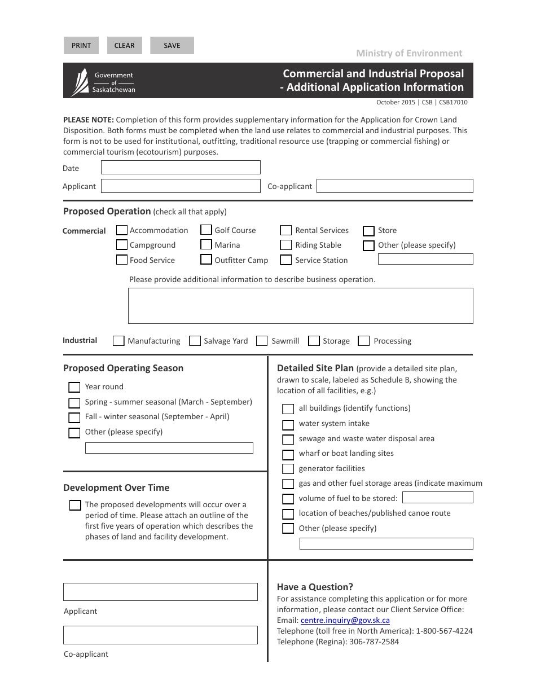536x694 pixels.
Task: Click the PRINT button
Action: (81, 46)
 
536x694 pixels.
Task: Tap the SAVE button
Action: (172, 46)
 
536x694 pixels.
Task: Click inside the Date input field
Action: (181, 168)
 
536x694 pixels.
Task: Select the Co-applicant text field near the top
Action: (394, 186)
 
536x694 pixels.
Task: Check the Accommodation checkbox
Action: (122, 230)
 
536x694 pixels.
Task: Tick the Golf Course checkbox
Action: (206, 230)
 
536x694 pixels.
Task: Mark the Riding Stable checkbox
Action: (286, 245)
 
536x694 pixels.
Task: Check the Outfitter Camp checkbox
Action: (206, 260)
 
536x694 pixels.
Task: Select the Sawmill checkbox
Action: (262, 341)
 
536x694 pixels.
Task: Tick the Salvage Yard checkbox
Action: (195, 341)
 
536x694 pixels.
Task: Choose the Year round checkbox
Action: (74, 387)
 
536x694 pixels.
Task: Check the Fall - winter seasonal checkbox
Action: (74, 418)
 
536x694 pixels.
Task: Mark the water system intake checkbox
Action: (288, 424)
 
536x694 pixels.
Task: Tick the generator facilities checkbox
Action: (288, 469)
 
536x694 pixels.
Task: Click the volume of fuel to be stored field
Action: (437, 498)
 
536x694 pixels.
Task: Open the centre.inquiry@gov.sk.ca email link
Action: (345, 620)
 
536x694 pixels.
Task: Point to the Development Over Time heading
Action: (116, 487)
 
